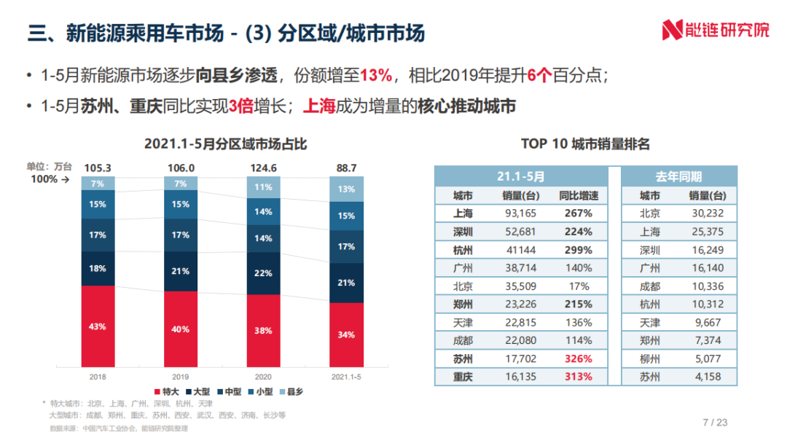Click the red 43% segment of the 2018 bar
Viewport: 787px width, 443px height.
pos(98,326)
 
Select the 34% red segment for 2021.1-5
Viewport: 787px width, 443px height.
pos(346,334)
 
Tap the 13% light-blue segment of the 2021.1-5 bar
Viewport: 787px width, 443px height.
pos(346,189)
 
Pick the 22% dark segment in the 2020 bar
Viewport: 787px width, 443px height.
pos(263,273)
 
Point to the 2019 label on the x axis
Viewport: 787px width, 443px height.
pos(180,377)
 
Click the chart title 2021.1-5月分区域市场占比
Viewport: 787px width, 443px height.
pos(225,144)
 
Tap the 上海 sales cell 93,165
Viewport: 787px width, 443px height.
pos(519,213)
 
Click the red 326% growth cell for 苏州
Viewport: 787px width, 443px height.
pos(576,359)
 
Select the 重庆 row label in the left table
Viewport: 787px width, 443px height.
pos(463,377)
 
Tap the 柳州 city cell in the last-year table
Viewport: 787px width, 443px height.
pos(649,359)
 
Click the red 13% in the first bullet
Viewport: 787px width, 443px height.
pos(377,75)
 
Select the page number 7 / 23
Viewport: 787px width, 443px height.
pos(714,422)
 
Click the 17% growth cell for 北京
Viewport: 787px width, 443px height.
pos(576,286)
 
